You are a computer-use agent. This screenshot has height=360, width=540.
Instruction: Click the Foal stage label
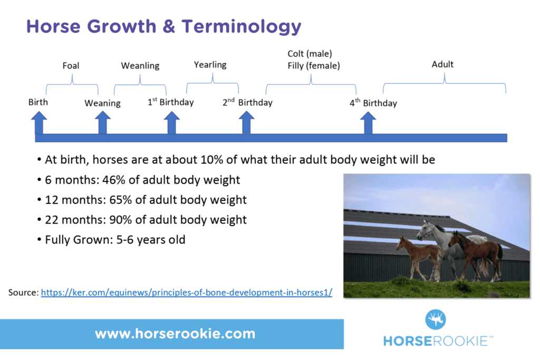click(x=71, y=66)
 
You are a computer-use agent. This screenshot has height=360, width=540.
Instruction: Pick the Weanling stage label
click(x=140, y=66)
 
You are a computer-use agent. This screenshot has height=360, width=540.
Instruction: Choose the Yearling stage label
click(x=210, y=65)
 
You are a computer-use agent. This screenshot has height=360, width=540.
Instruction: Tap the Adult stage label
click(x=442, y=64)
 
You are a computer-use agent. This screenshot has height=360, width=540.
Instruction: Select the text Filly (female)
click(x=314, y=66)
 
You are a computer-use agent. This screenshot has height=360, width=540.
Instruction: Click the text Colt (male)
click(x=310, y=53)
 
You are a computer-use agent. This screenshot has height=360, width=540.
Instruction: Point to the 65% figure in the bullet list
click(x=123, y=200)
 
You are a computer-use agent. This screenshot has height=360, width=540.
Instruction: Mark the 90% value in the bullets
click(x=123, y=220)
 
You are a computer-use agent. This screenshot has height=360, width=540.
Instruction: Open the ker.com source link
click(x=187, y=292)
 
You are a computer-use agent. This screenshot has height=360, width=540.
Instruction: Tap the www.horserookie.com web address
click(x=175, y=334)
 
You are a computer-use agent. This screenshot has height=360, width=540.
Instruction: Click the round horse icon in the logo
click(x=436, y=319)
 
